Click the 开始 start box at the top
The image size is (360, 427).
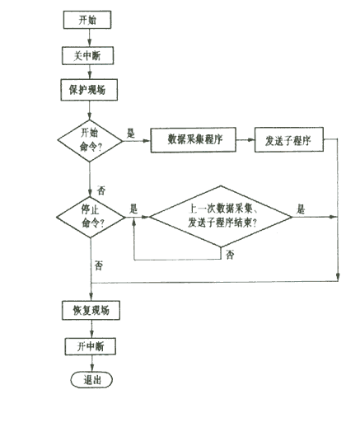87,20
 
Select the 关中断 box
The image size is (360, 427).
88,56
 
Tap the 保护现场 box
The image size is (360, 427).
89,90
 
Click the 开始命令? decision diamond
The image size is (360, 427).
90,141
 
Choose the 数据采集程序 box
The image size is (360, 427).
194,140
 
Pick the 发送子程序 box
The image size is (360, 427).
289,139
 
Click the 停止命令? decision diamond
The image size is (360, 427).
91,217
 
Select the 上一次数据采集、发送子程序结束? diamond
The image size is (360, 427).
221,217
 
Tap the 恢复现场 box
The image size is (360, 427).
91,311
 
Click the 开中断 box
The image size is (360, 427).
91,346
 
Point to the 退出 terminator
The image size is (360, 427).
91,380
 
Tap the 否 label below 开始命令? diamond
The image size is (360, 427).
101,190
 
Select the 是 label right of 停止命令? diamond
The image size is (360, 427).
133,209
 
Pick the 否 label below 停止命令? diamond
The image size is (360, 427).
99,265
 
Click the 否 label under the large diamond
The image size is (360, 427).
230,255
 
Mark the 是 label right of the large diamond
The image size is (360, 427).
301,209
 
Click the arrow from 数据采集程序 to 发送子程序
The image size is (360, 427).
245,140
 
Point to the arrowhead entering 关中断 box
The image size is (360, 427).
89,43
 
